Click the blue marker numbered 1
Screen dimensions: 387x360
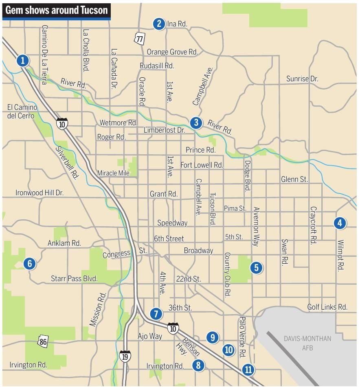[x=23, y=61]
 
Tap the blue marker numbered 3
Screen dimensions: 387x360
[x=196, y=122]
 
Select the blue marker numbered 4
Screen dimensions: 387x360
[x=339, y=223]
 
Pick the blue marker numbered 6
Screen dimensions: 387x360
[x=29, y=264]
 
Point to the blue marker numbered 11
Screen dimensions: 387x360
[x=248, y=370]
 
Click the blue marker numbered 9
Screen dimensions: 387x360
[x=212, y=337]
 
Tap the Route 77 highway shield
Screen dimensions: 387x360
[x=140, y=38]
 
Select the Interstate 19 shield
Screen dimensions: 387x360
[x=125, y=356]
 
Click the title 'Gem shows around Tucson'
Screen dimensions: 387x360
[x=56, y=10]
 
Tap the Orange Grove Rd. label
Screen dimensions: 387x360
[x=172, y=52]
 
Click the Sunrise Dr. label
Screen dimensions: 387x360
[x=302, y=79]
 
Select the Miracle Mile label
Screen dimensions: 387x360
[x=113, y=173]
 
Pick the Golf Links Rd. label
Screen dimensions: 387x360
[x=327, y=307]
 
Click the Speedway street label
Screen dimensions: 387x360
[x=172, y=223]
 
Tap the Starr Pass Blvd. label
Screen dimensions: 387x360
[x=74, y=279]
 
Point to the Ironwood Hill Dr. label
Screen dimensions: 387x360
[x=40, y=193]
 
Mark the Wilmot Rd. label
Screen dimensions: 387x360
[x=340, y=255]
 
